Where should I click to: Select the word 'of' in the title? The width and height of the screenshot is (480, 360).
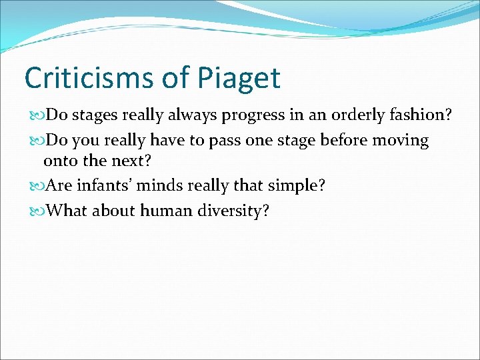[175, 78]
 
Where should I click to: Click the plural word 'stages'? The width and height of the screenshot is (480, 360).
[94, 115]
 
